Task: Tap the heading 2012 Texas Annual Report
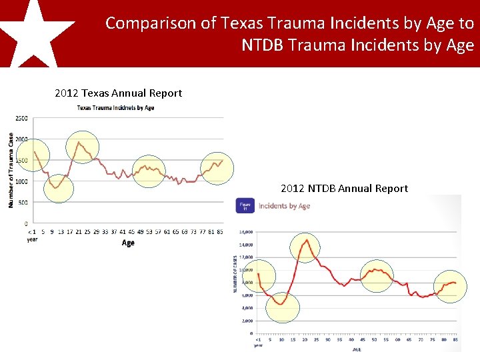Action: [x=118, y=93]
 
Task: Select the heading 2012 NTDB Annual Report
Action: [x=344, y=189]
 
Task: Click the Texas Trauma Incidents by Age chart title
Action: [x=116, y=108]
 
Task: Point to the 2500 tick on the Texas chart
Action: [x=21, y=119]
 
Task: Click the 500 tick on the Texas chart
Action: [x=23, y=203]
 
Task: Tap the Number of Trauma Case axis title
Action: [x=11, y=169]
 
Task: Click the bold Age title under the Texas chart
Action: [x=128, y=243]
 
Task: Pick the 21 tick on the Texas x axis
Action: [x=78, y=232]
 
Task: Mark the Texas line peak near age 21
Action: [x=79, y=142]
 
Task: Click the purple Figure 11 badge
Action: [x=245, y=205]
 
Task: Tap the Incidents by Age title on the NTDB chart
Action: [x=284, y=206]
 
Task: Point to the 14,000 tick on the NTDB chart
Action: [x=246, y=232]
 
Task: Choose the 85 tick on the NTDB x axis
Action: [x=456, y=339]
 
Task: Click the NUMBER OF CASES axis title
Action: [x=235, y=274]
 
